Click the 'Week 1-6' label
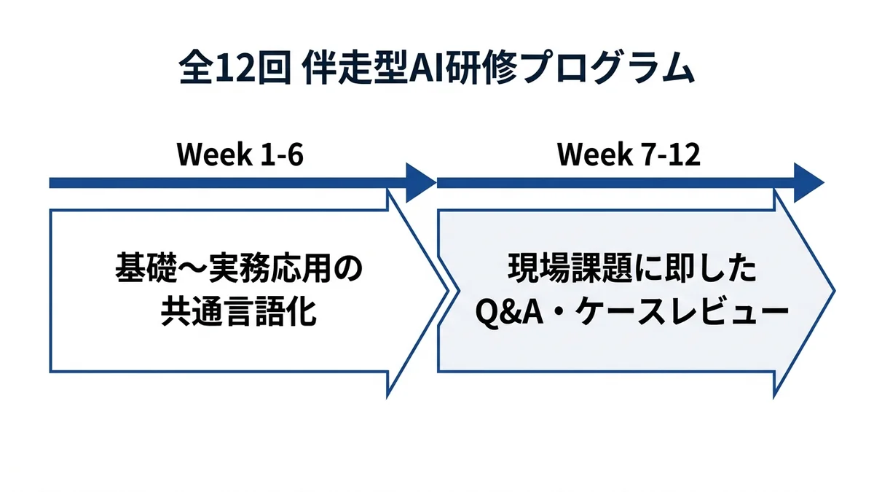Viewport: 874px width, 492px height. (x=240, y=155)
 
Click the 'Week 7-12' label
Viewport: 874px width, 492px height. (x=629, y=155)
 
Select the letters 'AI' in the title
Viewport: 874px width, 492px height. (x=425, y=70)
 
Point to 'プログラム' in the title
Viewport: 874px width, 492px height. (x=604, y=70)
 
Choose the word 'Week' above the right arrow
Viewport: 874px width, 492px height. (x=591, y=155)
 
